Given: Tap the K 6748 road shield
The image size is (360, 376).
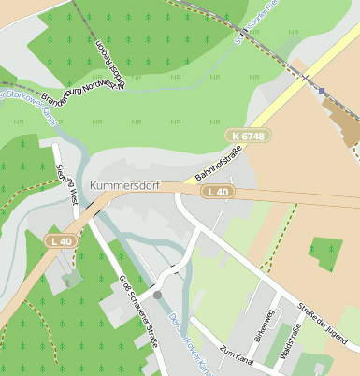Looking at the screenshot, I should [x=246, y=137].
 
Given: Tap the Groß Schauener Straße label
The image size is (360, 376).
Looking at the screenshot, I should [x=137, y=311].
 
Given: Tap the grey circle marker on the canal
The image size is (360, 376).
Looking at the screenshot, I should [x=157, y=295].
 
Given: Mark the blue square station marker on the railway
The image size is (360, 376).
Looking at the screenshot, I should [x=321, y=91].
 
